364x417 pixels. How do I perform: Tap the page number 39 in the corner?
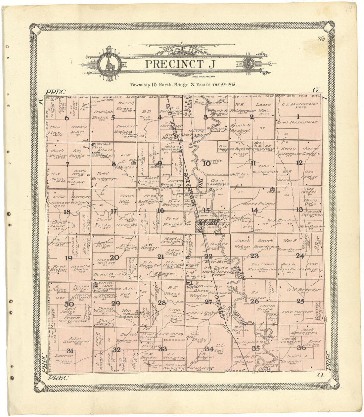tap(320, 39)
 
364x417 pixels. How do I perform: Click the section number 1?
tap(298, 116)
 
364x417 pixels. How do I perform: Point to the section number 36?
tap(301, 347)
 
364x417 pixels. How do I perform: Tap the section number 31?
tap(69, 351)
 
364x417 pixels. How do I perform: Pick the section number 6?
tap(67, 118)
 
